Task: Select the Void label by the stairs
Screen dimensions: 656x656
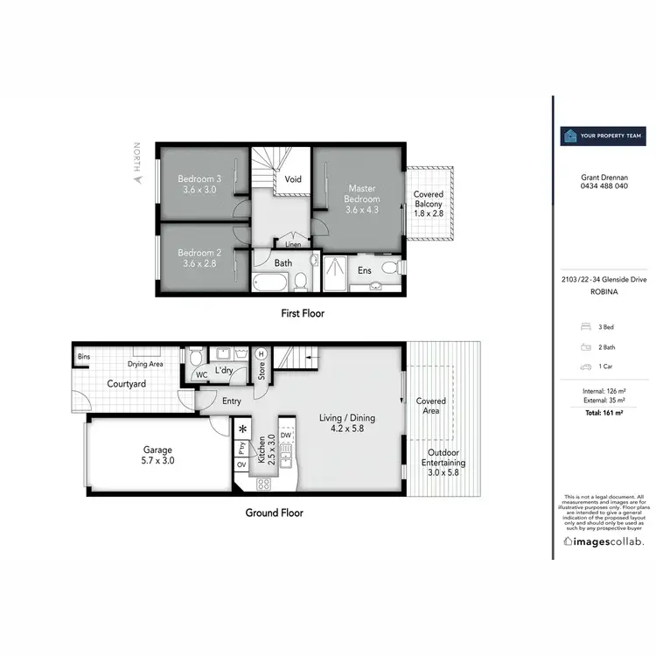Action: point(293,179)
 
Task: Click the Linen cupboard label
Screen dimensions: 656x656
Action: point(293,244)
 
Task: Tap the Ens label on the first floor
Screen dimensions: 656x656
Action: point(364,270)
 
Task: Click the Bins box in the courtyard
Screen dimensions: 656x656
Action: point(84,357)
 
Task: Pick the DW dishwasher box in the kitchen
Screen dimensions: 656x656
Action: point(286,434)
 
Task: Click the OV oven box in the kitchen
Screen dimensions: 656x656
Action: point(241,464)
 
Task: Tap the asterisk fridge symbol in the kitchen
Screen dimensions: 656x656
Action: point(242,430)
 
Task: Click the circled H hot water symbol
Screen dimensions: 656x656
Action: point(261,353)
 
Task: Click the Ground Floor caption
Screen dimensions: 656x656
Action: point(274,513)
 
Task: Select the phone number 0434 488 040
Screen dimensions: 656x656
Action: point(603,185)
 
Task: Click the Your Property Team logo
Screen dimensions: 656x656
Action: point(603,136)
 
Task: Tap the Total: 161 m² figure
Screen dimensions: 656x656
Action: point(603,410)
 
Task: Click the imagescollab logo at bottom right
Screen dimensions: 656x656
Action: point(603,542)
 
